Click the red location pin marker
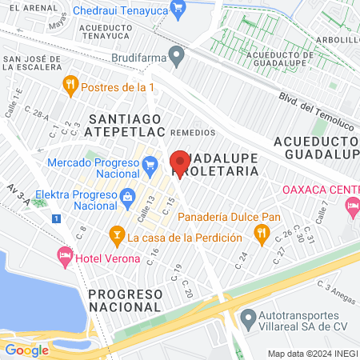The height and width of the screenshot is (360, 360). [181, 162]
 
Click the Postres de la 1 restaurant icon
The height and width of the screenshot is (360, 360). [70, 83]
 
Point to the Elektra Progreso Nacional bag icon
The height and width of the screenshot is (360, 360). [126, 196]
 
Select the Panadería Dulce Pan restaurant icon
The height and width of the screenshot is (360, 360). [260, 232]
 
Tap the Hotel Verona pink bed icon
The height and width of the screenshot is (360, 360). [65, 256]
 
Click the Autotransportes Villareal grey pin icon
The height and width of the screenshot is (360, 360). [248, 317]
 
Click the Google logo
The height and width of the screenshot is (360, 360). [26, 350]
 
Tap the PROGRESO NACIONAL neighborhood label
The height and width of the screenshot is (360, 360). [126, 300]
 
